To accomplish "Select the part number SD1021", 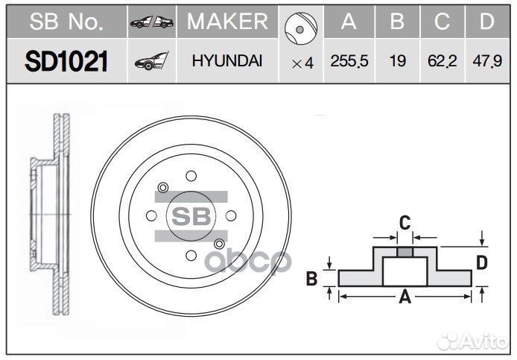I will tap(65, 62).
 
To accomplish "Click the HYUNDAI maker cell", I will tap(227, 62).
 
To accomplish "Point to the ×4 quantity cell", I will tap(302, 63).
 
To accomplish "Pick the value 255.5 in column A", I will tap(349, 63).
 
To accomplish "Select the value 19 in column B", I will tap(398, 63).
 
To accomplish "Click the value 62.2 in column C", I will tap(443, 63).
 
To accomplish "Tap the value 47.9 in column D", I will tap(486, 63).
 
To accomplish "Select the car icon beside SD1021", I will tap(152, 63).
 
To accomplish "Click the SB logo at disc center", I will tap(191, 215).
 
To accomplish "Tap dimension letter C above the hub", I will tap(404, 221).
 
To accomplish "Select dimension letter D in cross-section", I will tap(482, 262).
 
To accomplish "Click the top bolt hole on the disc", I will tap(191, 176).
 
